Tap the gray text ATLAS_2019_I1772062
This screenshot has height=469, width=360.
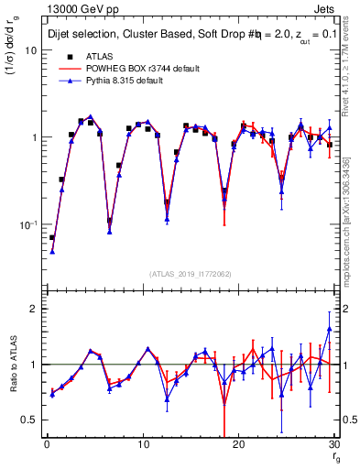tap(191, 274)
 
